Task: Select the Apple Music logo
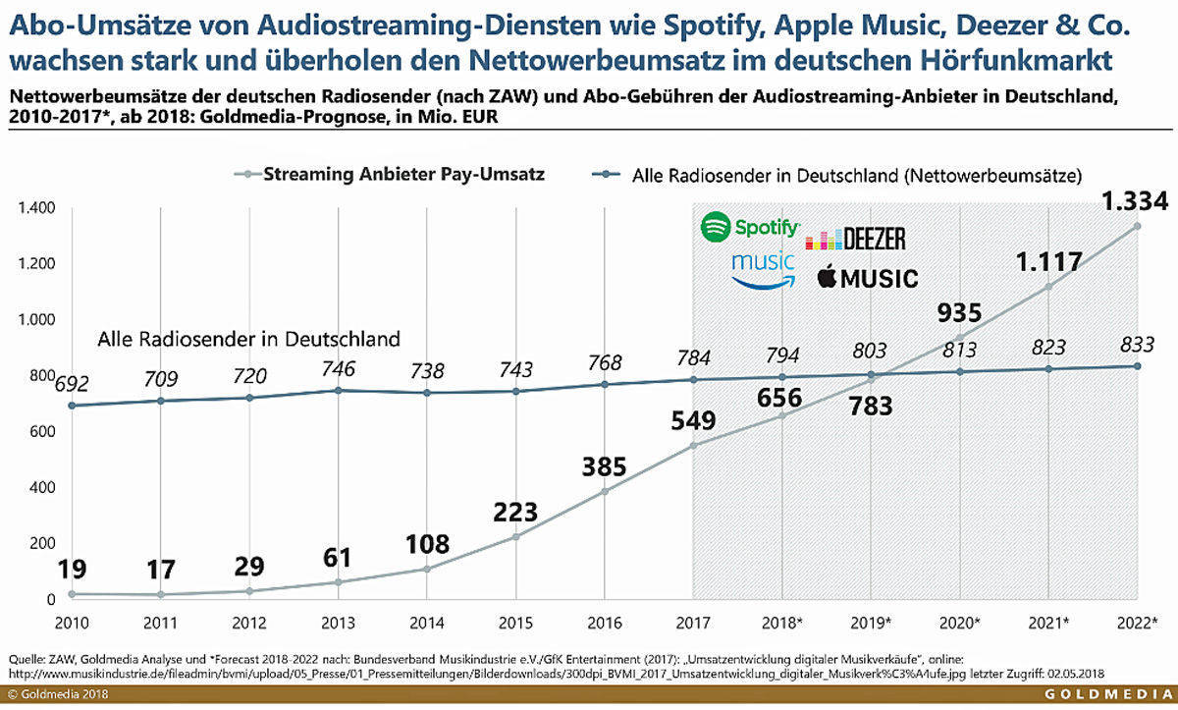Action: tap(868, 278)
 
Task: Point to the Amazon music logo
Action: tap(765, 268)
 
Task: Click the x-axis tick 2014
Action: tap(425, 624)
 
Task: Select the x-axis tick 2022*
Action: tap(1137, 624)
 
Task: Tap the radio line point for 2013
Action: tap(338, 391)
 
